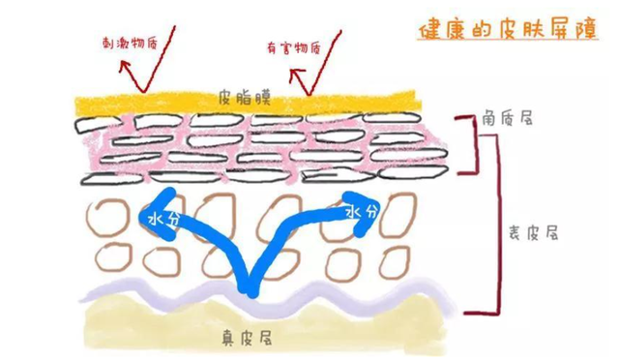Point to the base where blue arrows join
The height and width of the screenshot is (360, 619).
[250, 282]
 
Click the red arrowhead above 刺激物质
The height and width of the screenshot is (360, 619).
[122, 64]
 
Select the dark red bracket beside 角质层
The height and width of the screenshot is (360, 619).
[473, 145]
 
